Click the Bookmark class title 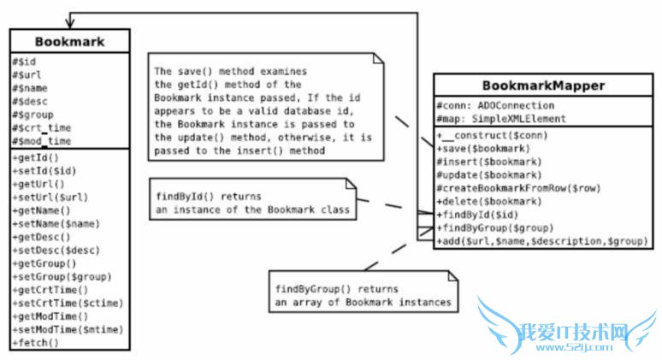[x=69, y=41]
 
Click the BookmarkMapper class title [x=531, y=86]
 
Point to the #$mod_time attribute [x=42, y=140]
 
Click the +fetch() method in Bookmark [x=36, y=342]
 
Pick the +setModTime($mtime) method [x=68, y=329]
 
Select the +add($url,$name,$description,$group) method [x=541, y=241]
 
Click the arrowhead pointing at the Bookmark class [x=69, y=21]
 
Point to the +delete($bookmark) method [x=487, y=201]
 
